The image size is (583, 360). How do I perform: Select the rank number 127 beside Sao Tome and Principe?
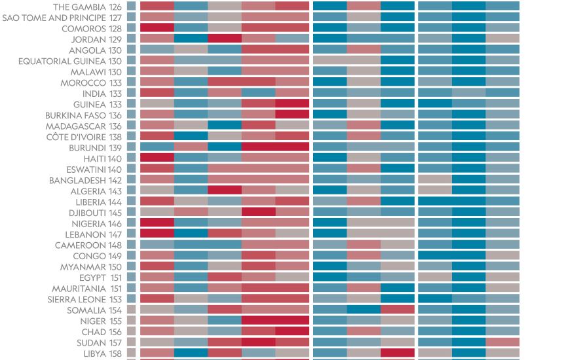coord(115,18)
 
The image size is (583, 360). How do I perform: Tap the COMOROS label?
coord(83,29)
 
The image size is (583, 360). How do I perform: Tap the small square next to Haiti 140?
coord(131,158)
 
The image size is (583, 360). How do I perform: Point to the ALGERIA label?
coord(88,191)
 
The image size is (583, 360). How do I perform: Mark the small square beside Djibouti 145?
coord(131,213)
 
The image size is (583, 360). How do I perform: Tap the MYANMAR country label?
coord(83,267)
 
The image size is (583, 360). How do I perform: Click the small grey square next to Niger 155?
coord(131,321)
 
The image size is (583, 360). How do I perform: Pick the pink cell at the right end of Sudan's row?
coord(502,342)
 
